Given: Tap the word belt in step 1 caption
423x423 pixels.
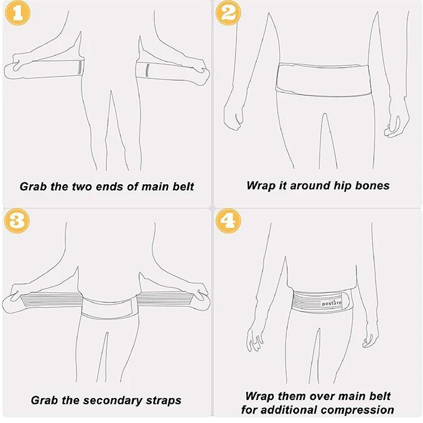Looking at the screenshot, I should [x=182, y=186].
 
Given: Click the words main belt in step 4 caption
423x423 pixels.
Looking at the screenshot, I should [x=370, y=396].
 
